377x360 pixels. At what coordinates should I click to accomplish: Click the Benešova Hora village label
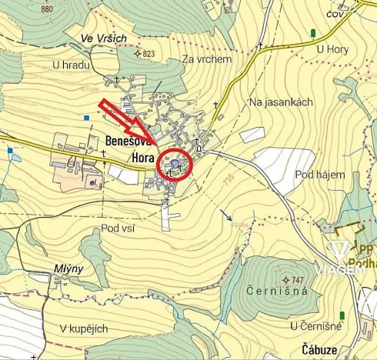pos(129,148)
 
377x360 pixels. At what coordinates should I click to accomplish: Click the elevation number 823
pos(148,54)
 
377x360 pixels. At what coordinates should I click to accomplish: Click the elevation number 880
pos(47,9)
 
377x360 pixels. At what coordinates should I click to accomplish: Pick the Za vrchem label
pos(208,59)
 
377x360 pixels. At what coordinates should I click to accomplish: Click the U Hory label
pos(332,49)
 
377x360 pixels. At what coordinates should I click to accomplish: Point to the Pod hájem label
pos(319,175)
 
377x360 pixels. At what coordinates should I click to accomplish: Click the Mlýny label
pos(68,268)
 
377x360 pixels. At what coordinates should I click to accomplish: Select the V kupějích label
pos(84,328)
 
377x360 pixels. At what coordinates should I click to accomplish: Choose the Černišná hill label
pos(278,291)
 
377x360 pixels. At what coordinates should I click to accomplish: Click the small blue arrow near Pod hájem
pos(226,216)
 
